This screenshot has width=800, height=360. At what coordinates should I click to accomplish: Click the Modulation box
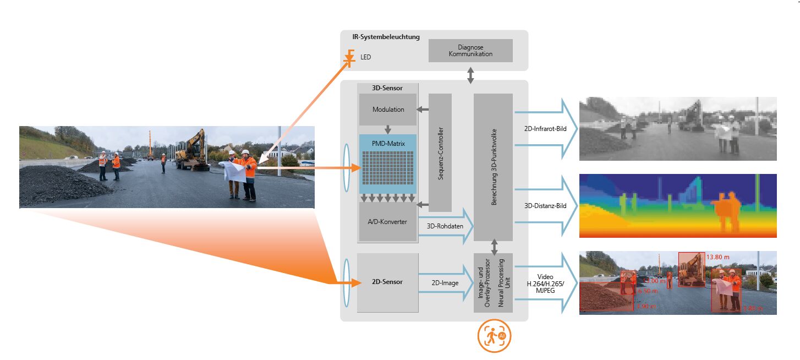click(388, 110)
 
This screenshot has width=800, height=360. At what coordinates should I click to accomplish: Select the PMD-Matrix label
click(388, 144)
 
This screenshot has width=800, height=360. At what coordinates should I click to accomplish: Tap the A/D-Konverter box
click(388, 221)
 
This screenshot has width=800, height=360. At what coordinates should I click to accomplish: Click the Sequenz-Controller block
click(440, 152)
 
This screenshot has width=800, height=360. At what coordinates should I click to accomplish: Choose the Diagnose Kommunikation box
click(470, 51)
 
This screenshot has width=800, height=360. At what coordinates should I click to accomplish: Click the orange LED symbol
click(349, 57)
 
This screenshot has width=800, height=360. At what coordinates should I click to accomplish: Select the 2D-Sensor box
click(387, 282)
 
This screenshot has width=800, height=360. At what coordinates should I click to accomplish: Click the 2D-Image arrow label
click(445, 283)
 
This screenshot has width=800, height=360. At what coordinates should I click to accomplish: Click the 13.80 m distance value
click(717, 257)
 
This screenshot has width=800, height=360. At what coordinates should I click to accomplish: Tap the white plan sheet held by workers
click(235, 171)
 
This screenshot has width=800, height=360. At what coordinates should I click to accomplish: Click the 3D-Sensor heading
click(388, 87)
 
